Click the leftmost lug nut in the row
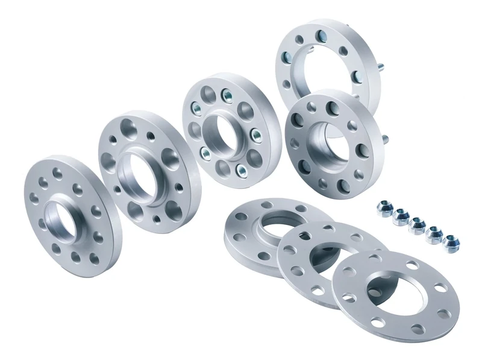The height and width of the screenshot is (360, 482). pos(383,209)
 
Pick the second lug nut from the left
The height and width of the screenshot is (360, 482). pos(399,216)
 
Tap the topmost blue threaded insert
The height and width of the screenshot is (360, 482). pos(227,94)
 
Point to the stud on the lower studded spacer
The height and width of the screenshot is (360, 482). pos(384,140)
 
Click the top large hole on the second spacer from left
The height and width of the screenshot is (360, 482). pos(130,128)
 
